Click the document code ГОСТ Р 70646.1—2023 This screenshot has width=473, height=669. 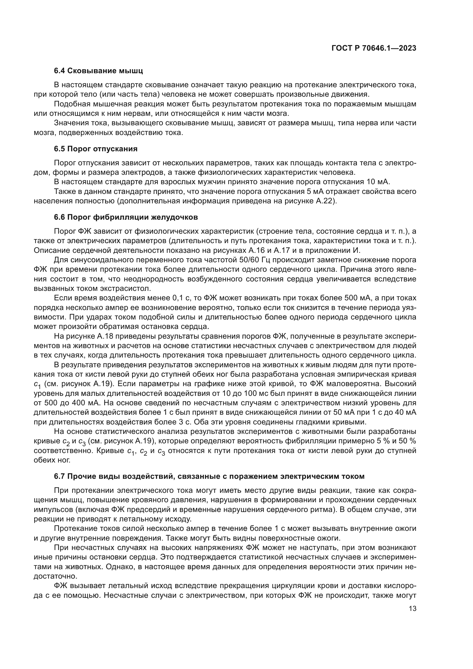[374, 48]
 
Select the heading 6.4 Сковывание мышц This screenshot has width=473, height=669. [98, 71]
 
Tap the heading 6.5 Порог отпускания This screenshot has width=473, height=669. [96, 149]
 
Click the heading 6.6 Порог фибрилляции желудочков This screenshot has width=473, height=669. [126, 217]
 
